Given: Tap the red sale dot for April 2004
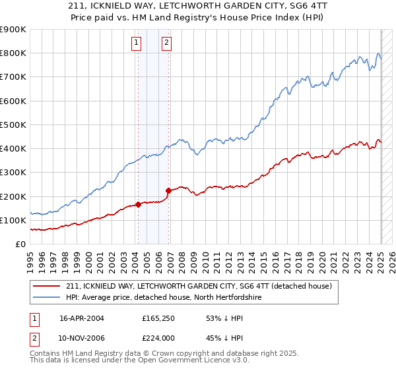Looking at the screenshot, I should point(138,204).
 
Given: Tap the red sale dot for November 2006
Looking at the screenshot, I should point(169,190).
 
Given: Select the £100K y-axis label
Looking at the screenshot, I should point(13,221).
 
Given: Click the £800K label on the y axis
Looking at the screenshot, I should point(13,53).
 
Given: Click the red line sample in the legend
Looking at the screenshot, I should point(47,286).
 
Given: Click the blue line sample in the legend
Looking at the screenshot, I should point(47,297).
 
